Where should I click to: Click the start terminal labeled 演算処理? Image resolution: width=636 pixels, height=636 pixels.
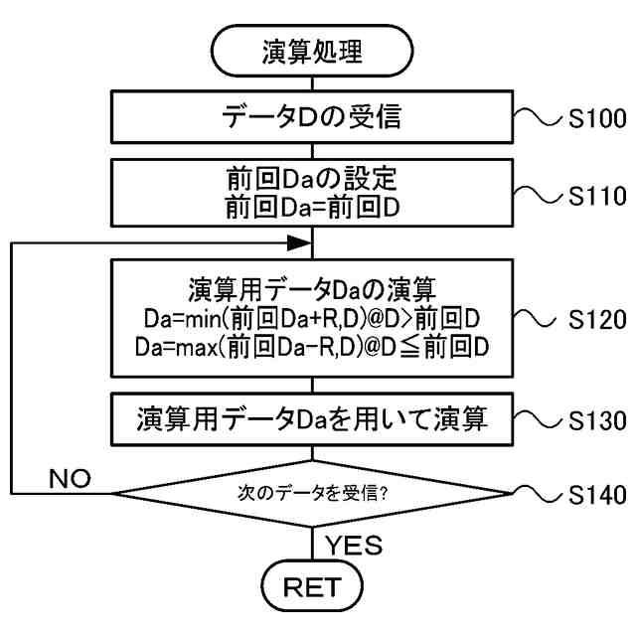click(x=312, y=49)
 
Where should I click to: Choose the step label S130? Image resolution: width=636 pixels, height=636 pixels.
click(x=594, y=418)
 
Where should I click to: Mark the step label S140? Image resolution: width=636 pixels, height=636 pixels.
click(x=594, y=493)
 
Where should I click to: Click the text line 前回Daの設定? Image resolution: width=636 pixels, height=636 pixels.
click(x=312, y=180)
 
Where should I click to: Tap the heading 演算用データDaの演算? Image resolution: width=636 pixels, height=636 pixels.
click(x=312, y=289)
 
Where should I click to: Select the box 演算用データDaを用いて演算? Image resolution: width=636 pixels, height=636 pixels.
click(x=312, y=418)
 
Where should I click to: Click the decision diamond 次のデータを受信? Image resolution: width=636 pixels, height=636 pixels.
click(x=312, y=492)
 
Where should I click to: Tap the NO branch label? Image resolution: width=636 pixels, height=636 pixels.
click(x=69, y=479)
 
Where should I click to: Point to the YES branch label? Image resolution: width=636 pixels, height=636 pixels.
click(x=353, y=546)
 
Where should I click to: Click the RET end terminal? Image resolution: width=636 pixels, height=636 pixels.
click(x=312, y=586)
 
